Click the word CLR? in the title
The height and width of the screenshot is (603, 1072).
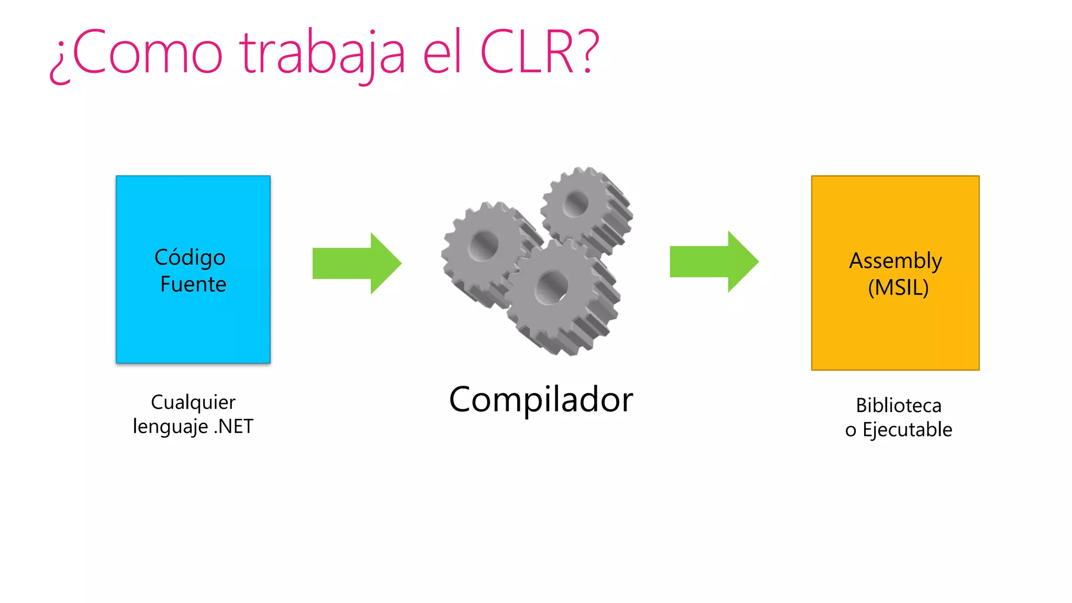[x=539, y=52]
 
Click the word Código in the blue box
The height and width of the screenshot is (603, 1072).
[x=190, y=258]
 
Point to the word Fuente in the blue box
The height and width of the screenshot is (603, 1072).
[x=193, y=284]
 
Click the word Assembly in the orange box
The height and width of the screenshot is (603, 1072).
[x=896, y=261]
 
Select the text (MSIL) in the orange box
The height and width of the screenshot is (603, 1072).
[x=898, y=288]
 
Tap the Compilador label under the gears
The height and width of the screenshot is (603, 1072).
[x=541, y=400]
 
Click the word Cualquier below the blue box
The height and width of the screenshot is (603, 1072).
[x=193, y=402]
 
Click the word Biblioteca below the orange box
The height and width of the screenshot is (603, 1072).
[x=898, y=406]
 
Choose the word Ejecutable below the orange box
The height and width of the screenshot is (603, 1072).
[x=907, y=430]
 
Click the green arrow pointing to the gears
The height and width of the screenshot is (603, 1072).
[x=356, y=263]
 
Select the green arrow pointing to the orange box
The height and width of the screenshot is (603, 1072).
[x=713, y=262]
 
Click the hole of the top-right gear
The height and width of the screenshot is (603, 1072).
[x=576, y=203]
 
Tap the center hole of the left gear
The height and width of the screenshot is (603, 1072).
[x=484, y=245]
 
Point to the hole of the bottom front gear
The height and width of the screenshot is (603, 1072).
[x=551, y=288]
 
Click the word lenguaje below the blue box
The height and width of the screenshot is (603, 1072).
[x=170, y=427]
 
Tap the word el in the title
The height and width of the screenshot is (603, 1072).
[x=442, y=52]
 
